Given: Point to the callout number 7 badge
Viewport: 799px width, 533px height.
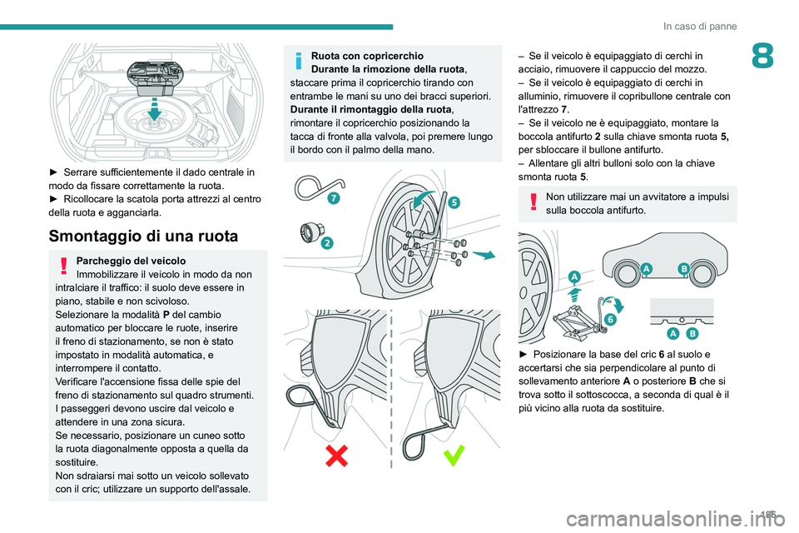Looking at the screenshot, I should click(x=333, y=197).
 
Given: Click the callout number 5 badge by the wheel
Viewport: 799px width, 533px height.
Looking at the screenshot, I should click(x=455, y=202).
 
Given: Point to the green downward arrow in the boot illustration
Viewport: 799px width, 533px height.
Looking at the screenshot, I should click(x=152, y=110).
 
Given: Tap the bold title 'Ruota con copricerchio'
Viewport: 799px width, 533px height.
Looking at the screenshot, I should click(x=366, y=56).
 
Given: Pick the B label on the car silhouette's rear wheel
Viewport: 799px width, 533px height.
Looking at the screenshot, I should click(x=683, y=268).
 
